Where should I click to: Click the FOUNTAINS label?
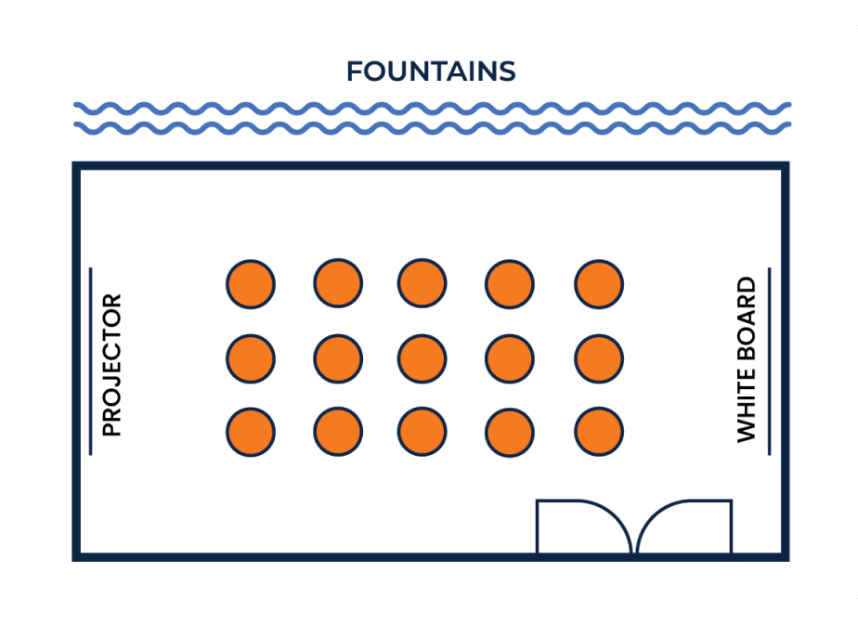(431, 71)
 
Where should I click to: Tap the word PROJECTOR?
(111, 365)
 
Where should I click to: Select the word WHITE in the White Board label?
(747, 405)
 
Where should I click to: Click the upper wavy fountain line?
(433, 109)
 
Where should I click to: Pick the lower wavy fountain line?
(433, 128)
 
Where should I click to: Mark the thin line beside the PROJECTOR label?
(91, 361)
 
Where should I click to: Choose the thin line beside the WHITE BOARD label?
(770, 361)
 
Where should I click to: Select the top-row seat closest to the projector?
(251, 285)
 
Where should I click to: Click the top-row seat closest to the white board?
(599, 285)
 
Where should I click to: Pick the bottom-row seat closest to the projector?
(251, 432)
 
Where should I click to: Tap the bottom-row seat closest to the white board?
(599, 432)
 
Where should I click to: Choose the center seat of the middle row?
(422, 359)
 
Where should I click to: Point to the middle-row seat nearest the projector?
(251, 359)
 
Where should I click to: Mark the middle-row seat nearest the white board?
(599, 359)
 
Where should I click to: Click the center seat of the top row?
(422, 283)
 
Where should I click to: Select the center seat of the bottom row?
(422, 432)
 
